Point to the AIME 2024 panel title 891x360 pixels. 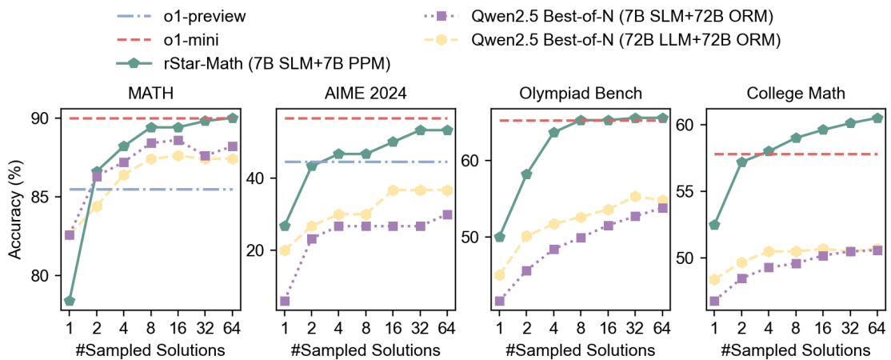coord(367,93)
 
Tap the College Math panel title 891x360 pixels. coord(795,93)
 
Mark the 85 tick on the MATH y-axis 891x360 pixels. coord(39,197)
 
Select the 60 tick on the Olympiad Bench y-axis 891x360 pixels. coord(472,160)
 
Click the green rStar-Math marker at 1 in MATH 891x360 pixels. coord(70,301)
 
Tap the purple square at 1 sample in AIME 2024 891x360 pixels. coord(285,301)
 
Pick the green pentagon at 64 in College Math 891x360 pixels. coord(876,118)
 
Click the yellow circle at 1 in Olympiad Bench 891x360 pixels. coord(500,275)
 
